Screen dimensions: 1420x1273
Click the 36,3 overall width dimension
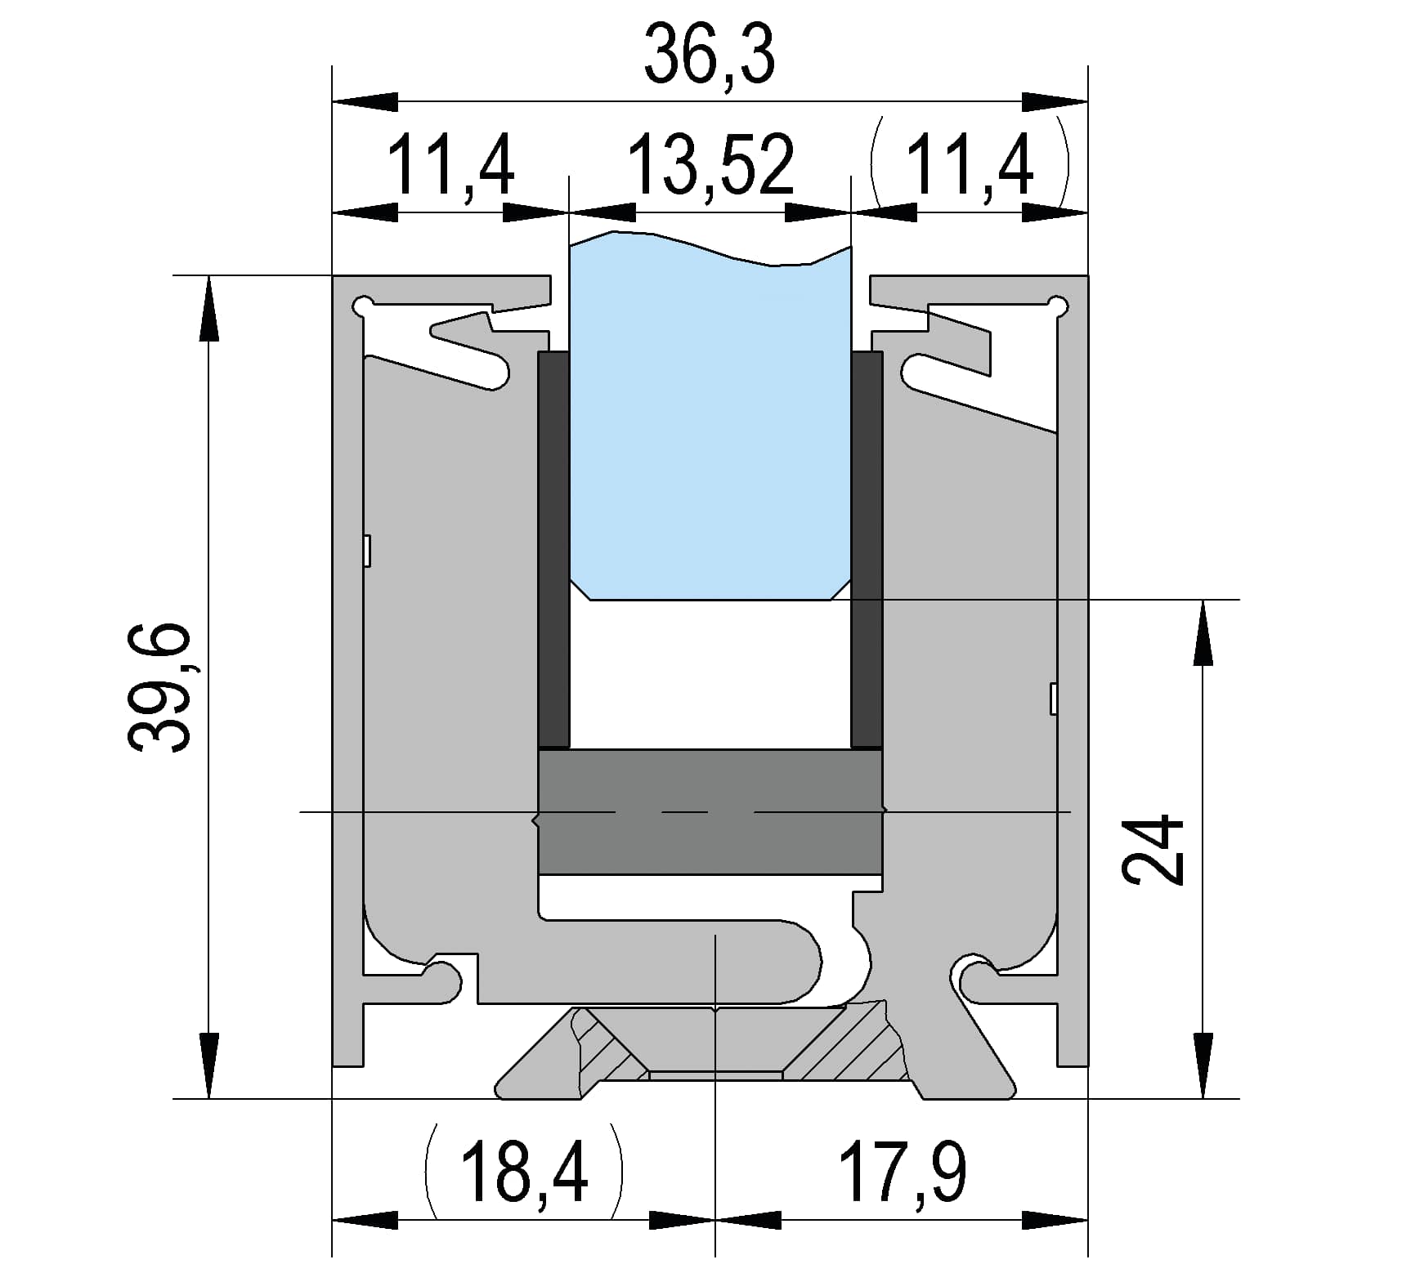point(709,55)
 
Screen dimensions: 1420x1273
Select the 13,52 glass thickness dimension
point(710,166)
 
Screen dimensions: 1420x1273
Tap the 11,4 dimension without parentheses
point(450,166)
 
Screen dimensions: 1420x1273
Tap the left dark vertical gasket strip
point(553,549)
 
